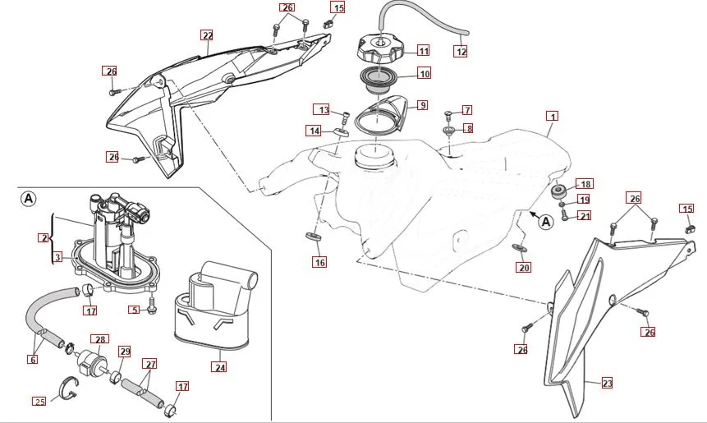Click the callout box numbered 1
553,117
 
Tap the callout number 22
207,35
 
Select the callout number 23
607,384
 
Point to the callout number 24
219,367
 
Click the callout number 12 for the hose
461,51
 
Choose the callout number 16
319,262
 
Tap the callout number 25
39,401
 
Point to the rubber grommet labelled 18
558,191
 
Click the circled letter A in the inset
28,199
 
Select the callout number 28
101,339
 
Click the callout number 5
133,310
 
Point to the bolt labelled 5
152,310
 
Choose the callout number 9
422,105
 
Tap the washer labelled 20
519,248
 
